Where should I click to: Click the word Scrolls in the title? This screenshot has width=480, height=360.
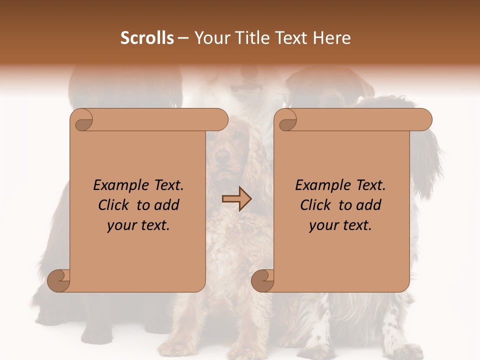click(147, 38)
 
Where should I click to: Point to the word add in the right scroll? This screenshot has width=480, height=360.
click(368, 205)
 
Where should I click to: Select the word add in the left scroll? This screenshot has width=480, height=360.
click(166, 205)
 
